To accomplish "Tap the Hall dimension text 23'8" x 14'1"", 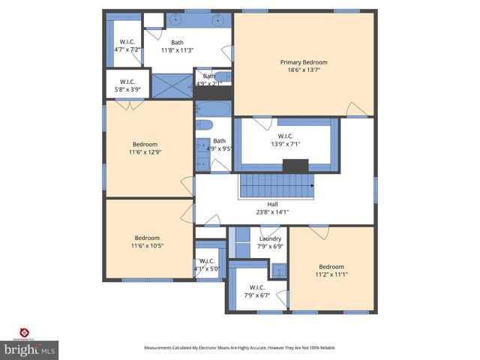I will [272, 211].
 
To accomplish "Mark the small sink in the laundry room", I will [277, 269].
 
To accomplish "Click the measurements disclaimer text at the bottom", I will [240, 348].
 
